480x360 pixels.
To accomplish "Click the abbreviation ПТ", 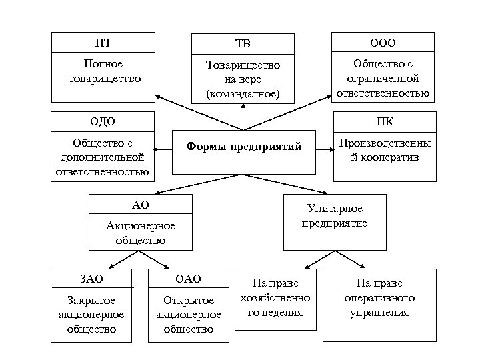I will coord(103,43).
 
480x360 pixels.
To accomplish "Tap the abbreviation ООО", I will coord(383,43).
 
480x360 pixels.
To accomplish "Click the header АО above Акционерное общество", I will coord(141,204).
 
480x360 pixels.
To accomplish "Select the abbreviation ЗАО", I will coord(92,279).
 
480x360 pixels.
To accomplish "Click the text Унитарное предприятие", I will coord(336,216).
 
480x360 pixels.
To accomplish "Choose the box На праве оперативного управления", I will coord(379,298).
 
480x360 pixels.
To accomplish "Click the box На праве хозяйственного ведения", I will coord(275,298).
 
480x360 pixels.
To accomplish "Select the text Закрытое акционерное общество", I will coord(92,314).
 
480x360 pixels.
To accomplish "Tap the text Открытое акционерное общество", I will coord(188,314).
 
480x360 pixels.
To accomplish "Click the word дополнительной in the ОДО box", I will coord(103,158).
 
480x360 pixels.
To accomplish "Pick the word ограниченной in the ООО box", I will coord(383,79).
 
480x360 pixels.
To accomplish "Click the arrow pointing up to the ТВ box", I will coord(243,118).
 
